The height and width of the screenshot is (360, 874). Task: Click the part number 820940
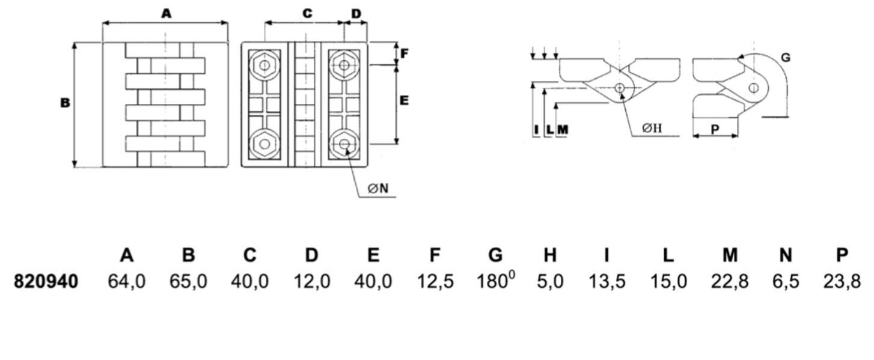pyautogui.click(x=46, y=281)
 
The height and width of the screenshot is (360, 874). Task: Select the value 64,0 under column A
pyautogui.click(x=126, y=282)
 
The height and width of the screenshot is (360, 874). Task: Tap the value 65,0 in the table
pyautogui.click(x=188, y=282)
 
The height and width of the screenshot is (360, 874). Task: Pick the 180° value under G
pyautogui.click(x=495, y=281)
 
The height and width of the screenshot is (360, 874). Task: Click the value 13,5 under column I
pyautogui.click(x=607, y=282)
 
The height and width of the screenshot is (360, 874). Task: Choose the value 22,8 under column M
pyautogui.click(x=730, y=282)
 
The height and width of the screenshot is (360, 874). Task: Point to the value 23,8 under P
pyautogui.click(x=842, y=282)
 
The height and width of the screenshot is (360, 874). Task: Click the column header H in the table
pyautogui.click(x=550, y=255)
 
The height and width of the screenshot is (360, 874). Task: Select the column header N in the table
pyautogui.click(x=786, y=255)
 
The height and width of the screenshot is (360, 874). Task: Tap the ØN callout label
pyautogui.click(x=377, y=188)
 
